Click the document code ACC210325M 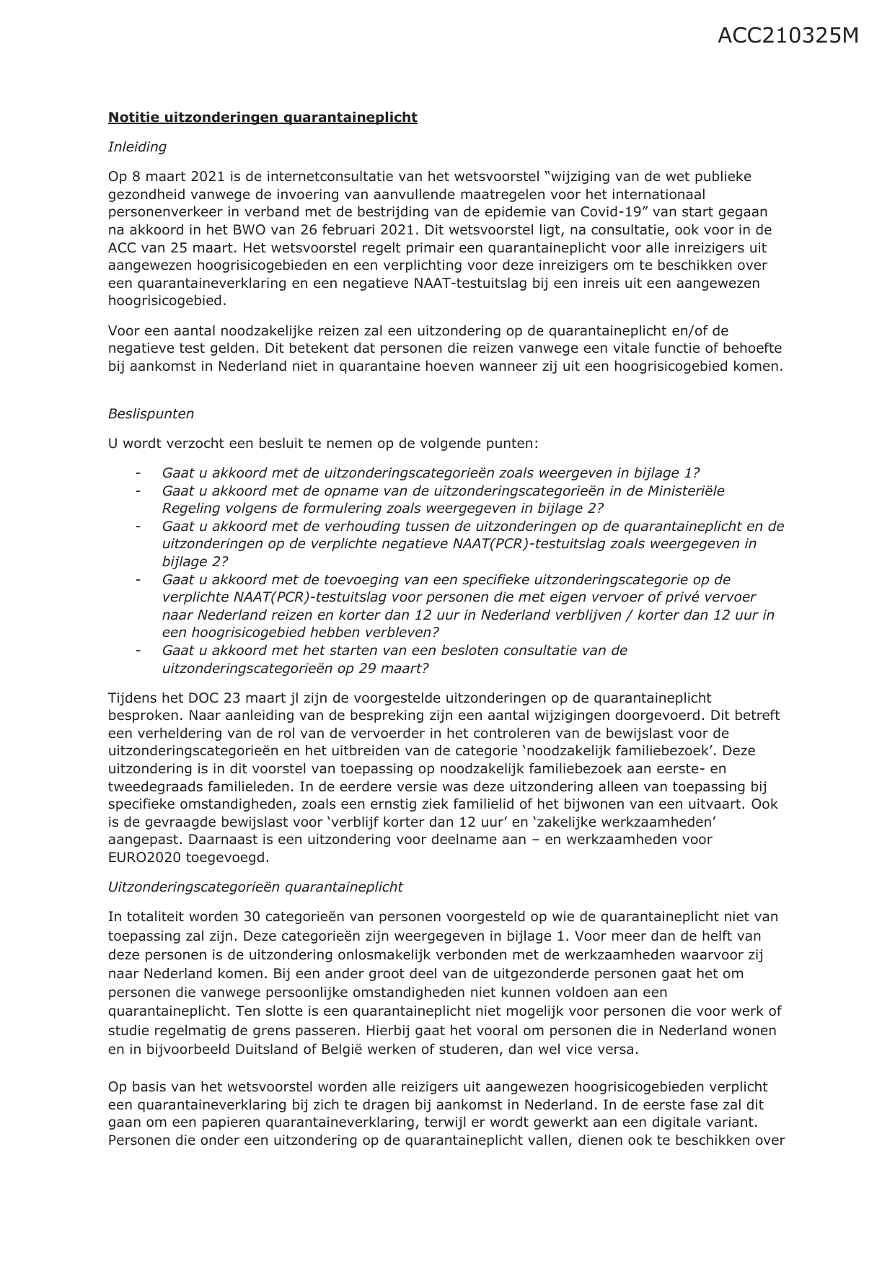tap(788, 35)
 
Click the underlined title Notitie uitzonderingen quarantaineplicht tap(263, 117)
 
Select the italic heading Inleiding tap(137, 146)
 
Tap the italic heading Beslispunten tap(151, 413)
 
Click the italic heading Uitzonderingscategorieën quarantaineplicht tap(255, 887)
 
